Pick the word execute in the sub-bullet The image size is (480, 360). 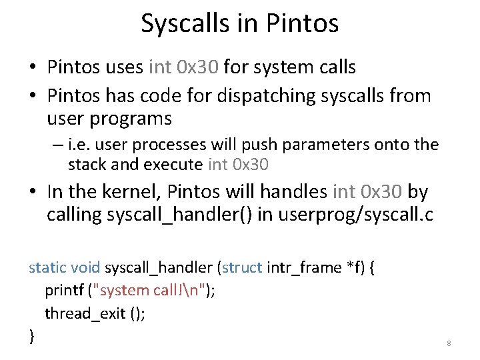click(x=173, y=165)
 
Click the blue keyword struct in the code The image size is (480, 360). click(x=242, y=268)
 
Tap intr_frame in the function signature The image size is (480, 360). click(x=304, y=268)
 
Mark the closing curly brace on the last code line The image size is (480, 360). click(x=31, y=336)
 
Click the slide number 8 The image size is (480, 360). click(x=449, y=343)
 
